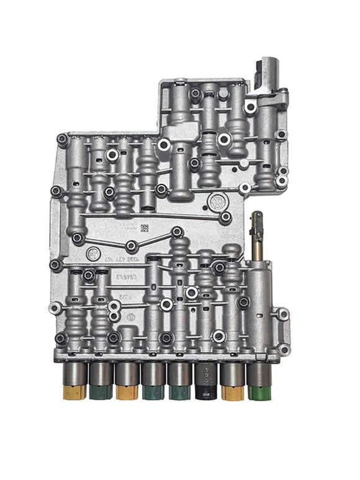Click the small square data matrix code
coord(144,228)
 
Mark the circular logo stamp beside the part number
coord(92,253)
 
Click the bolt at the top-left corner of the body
coord(62,139)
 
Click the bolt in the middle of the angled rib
coord(132,246)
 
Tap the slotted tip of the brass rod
coord(256,217)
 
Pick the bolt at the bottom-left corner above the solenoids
coord(61,338)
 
